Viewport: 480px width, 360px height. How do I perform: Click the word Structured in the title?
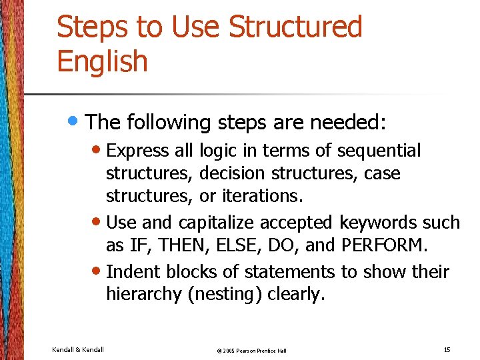295,27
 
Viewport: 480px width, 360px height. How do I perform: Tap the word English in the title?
102,61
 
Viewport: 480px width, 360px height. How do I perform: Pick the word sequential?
379,151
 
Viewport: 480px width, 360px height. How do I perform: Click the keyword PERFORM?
381,245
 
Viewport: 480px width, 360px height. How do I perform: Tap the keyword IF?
137,245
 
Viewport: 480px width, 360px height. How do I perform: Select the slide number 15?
446,349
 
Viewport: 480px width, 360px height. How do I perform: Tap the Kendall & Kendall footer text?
77,349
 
